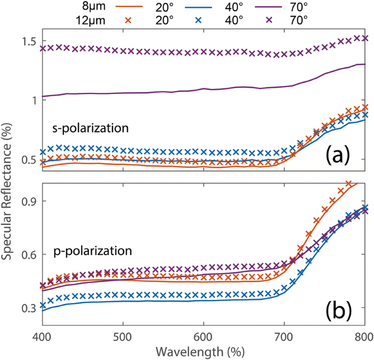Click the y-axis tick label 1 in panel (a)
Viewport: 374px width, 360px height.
pos(32,100)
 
